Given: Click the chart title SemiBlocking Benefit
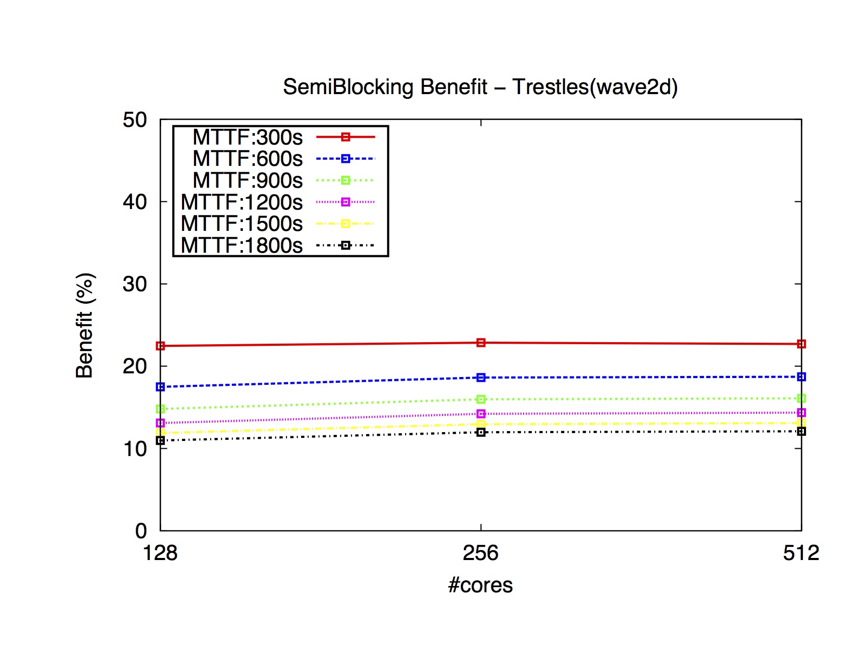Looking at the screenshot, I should [x=480, y=87].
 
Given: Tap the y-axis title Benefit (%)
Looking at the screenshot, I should [x=84, y=325].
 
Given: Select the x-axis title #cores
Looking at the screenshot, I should [x=480, y=585].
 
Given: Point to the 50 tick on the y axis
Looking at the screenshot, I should [x=135, y=120].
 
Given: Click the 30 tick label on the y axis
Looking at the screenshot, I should [x=135, y=284].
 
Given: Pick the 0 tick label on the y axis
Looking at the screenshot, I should [x=141, y=531].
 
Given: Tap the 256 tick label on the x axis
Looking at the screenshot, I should [x=480, y=553].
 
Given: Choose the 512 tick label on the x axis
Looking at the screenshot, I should [x=801, y=553].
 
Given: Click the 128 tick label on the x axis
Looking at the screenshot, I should [x=160, y=553].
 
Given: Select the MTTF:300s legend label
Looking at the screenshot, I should [x=248, y=137].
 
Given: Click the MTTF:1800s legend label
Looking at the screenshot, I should [x=242, y=245].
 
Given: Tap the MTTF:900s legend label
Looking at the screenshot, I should [x=248, y=180].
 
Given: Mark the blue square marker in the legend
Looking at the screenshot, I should [x=345, y=159].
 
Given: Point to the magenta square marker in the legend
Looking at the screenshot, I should [x=345, y=202].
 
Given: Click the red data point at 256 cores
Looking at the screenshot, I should [x=481, y=343].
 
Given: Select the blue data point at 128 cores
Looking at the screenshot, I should [x=160, y=387].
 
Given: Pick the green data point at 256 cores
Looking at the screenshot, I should [x=481, y=399].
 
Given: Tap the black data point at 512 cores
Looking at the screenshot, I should [x=801, y=431].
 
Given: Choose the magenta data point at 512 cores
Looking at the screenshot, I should [x=801, y=412].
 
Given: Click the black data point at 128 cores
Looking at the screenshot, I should [x=160, y=440].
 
